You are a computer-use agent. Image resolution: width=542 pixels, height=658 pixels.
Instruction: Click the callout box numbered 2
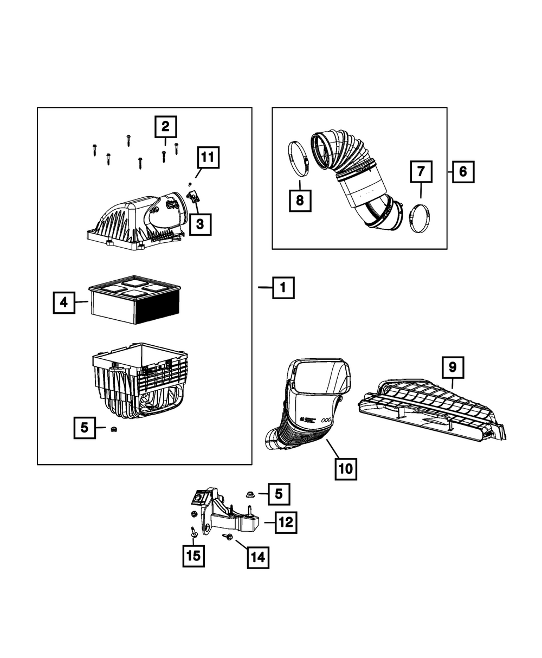pyautogui.click(x=165, y=127)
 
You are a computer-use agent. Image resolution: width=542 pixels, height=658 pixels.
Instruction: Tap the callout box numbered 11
pyautogui.click(x=208, y=158)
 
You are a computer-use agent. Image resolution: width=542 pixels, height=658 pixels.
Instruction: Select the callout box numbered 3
pyautogui.click(x=200, y=223)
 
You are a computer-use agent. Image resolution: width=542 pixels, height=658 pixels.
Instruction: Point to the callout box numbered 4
pyautogui.click(x=64, y=302)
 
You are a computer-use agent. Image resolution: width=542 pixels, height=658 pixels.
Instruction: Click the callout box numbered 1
pyautogui.click(x=283, y=288)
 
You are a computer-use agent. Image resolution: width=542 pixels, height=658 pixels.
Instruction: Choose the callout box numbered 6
pyautogui.click(x=462, y=172)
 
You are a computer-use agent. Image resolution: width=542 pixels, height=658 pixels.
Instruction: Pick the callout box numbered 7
pyautogui.click(x=421, y=172)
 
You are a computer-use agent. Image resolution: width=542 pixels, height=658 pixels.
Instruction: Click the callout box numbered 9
pyautogui.click(x=453, y=368)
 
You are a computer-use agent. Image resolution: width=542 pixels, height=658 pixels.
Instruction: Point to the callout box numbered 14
pyautogui.click(x=258, y=557)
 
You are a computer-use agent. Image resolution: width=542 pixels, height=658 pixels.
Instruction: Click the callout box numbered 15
pyautogui.click(x=193, y=556)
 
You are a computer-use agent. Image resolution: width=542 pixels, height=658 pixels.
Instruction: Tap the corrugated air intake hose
pyautogui.click(x=352, y=173)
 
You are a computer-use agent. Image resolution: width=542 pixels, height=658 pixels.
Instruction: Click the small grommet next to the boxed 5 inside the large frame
pyautogui.click(x=114, y=430)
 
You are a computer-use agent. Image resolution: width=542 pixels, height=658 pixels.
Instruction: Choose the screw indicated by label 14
pyautogui.click(x=228, y=537)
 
